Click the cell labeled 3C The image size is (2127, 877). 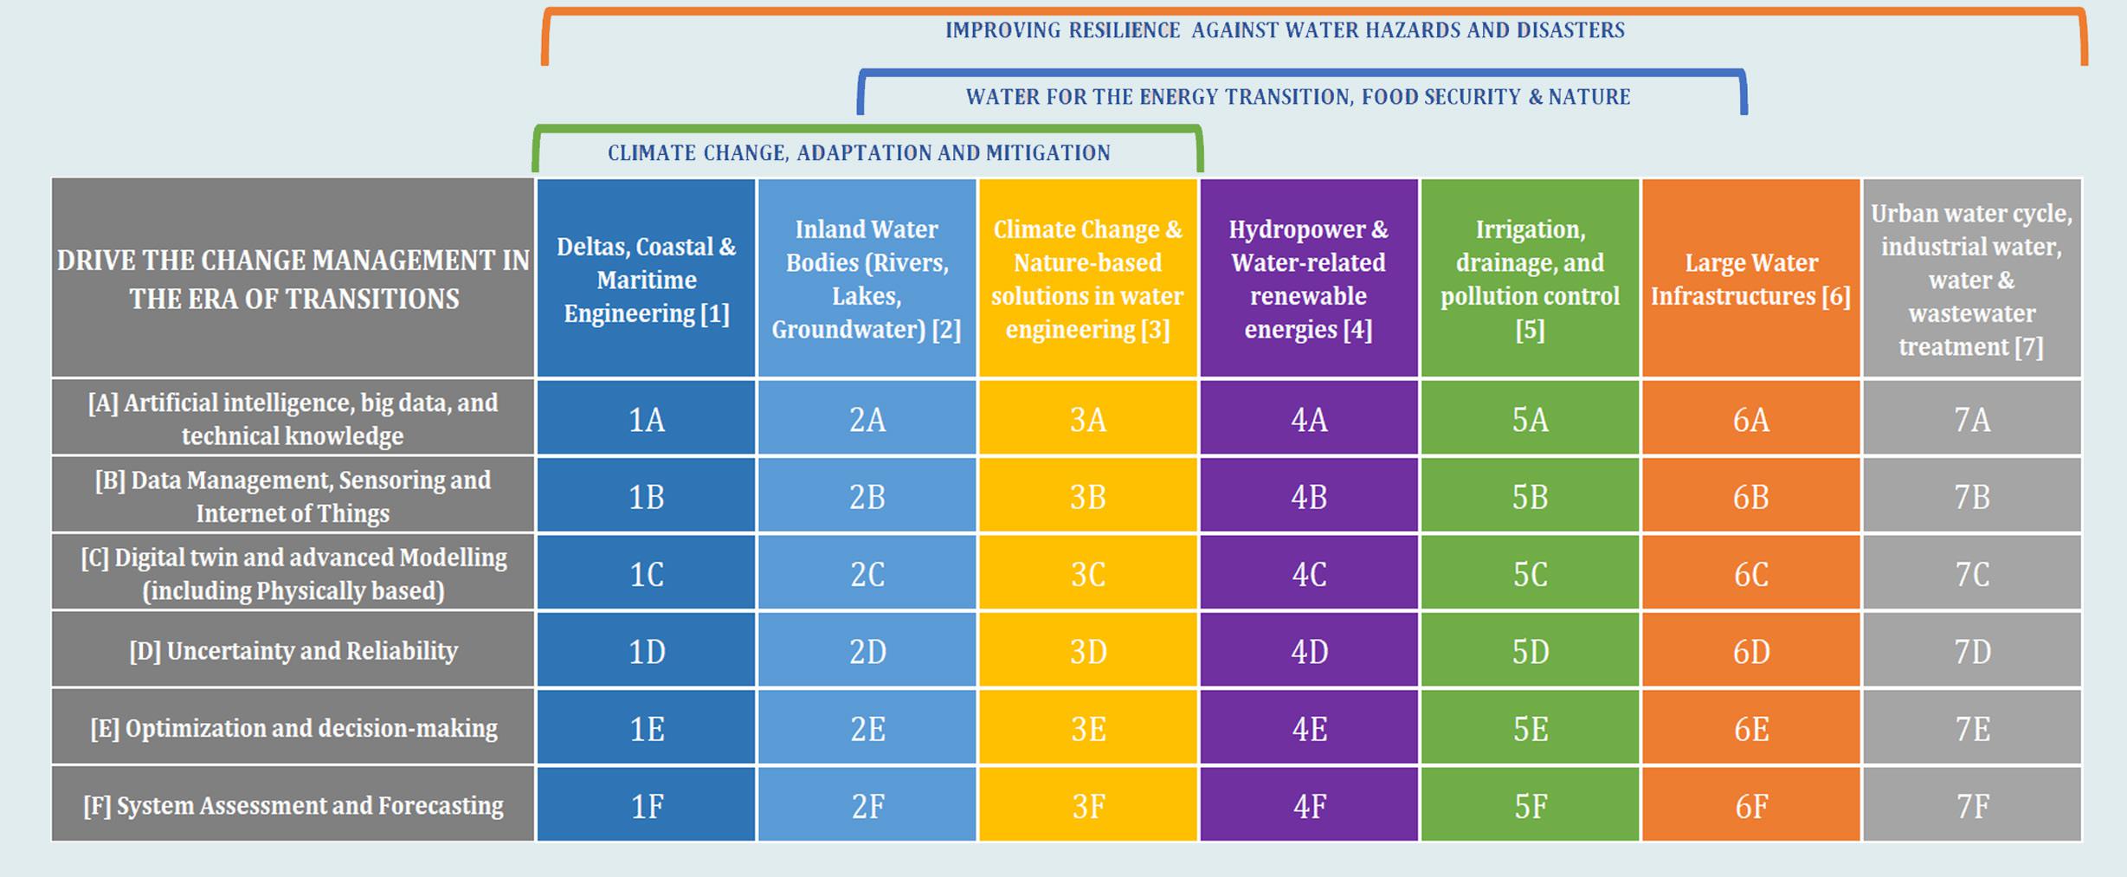[x=1087, y=574]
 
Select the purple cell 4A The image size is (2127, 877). [x=1309, y=419]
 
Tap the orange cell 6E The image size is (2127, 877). [x=1750, y=728]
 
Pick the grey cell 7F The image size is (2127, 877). [x=1972, y=806]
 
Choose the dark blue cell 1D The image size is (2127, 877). [x=646, y=651]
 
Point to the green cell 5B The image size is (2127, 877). [x=1530, y=496]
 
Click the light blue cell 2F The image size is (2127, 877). [x=867, y=806]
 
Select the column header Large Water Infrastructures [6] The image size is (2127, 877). [x=1750, y=279]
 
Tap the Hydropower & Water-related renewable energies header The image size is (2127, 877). [x=1309, y=279]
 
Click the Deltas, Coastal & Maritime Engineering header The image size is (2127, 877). [x=646, y=279]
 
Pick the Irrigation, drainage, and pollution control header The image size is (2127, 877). [x=1530, y=279]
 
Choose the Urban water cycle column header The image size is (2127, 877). [x=1972, y=279]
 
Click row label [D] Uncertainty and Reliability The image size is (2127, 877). [x=293, y=651]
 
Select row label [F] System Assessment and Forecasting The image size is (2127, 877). [x=293, y=806]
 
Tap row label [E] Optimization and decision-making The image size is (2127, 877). [x=293, y=728]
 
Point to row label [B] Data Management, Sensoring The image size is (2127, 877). [x=293, y=496]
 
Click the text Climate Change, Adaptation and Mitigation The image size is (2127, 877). [x=859, y=153]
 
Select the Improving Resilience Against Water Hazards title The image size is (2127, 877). [x=1285, y=30]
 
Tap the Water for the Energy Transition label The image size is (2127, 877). [x=1298, y=97]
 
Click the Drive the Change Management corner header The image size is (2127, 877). [x=293, y=279]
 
